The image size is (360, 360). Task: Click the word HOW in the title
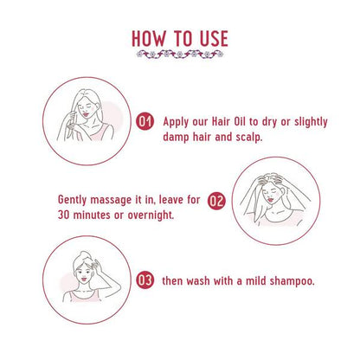[x=149, y=39]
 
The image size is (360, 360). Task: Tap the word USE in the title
[x=214, y=39]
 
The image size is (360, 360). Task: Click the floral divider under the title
[x=180, y=54]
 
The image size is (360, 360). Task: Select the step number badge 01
[x=145, y=122]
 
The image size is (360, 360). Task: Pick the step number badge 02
[x=216, y=201]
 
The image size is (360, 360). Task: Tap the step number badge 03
[x=145, y=280]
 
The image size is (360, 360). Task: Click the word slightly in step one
[x=311, y=122]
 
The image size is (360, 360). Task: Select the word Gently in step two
[x=72, y=200]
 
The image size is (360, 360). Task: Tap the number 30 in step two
[x=64, y=215]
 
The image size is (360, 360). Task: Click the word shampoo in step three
[x=292, y=281]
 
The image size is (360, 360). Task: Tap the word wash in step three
[x=198, y=280]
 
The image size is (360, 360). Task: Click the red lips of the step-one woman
[x=86, y=114]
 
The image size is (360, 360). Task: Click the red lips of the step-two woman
[x=270, y=199]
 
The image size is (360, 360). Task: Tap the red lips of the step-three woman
[x=84, y=279]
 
